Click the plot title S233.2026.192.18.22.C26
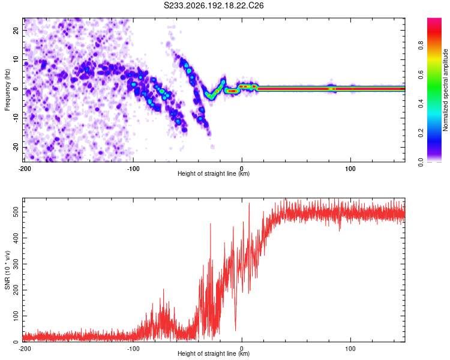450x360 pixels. [214, 5]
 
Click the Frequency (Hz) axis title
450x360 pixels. [7, 90]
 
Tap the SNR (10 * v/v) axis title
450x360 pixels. [7, 270]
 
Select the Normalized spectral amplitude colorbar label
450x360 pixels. [445, 90]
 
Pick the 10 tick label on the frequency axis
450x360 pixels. [16, 60]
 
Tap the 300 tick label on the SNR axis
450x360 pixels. [16, 264]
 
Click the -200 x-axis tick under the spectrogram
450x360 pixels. [25, 169]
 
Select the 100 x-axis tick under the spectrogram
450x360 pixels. [350, 169]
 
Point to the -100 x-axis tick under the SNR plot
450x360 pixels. [133, 349]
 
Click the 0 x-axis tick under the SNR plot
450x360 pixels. [242, 349]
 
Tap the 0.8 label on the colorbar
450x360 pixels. [421, 46]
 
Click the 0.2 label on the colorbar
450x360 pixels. [421, 133]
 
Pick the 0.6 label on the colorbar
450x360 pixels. [421, 74]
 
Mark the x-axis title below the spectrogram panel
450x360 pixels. [214, 173]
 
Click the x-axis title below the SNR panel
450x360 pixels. [214, 353]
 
